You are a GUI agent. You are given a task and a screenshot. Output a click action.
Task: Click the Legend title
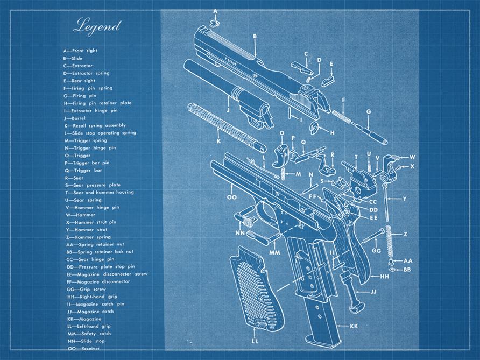(x=97, y=25)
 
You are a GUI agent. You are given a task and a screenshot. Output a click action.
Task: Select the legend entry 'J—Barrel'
(x=75, y=118)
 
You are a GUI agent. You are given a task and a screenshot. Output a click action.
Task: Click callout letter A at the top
(x=215, y=11)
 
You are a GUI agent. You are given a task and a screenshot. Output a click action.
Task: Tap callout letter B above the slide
(x=255, y=36)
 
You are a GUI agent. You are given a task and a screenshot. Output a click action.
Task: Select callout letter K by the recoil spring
(x=218, y=141)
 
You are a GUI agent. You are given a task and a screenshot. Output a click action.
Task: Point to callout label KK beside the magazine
(x=354, y=326)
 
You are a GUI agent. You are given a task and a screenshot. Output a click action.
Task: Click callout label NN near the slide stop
(x=239, y=232)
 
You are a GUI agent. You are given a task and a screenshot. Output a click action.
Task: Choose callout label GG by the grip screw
(x=376, y=251)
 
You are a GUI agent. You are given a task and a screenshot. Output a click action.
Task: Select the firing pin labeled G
(x=371, y=130)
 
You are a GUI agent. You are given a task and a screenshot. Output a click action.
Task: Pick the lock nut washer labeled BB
(x=392, y=269)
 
